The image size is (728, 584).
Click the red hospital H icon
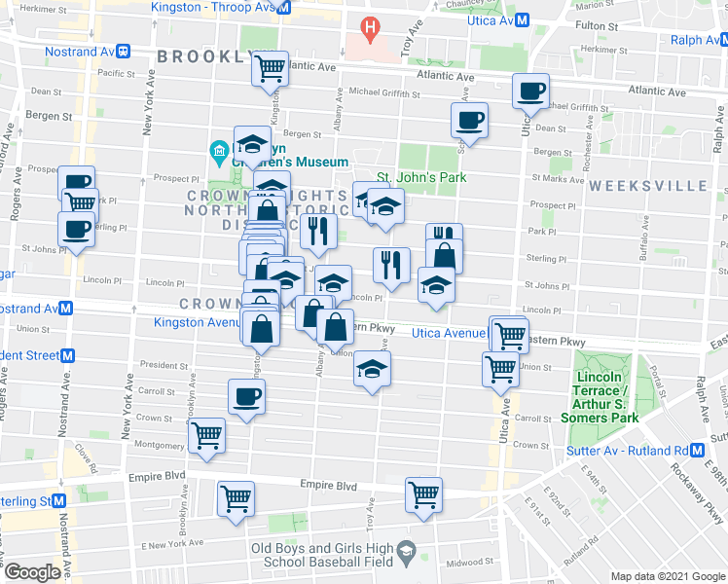point(370,27)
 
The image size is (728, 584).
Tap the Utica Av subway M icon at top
point(522,19)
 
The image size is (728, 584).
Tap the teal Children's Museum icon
point(218,151)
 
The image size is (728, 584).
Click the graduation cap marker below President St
point(371,369)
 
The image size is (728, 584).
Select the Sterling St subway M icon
point(60,500)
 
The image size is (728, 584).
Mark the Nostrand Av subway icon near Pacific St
point(124,50)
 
